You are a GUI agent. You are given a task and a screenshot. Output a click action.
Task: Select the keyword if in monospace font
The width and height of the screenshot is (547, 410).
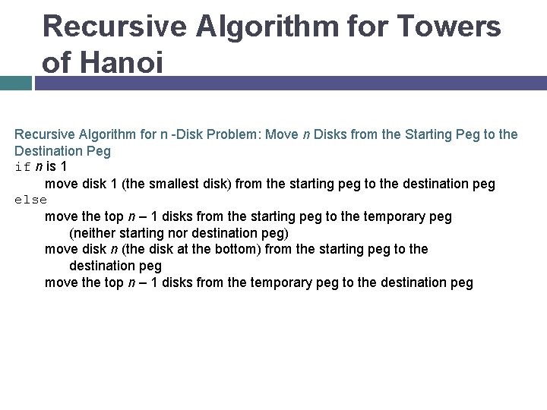(x=23, y=167)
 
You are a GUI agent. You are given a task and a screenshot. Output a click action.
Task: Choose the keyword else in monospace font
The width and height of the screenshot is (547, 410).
(x=30, y=200)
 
